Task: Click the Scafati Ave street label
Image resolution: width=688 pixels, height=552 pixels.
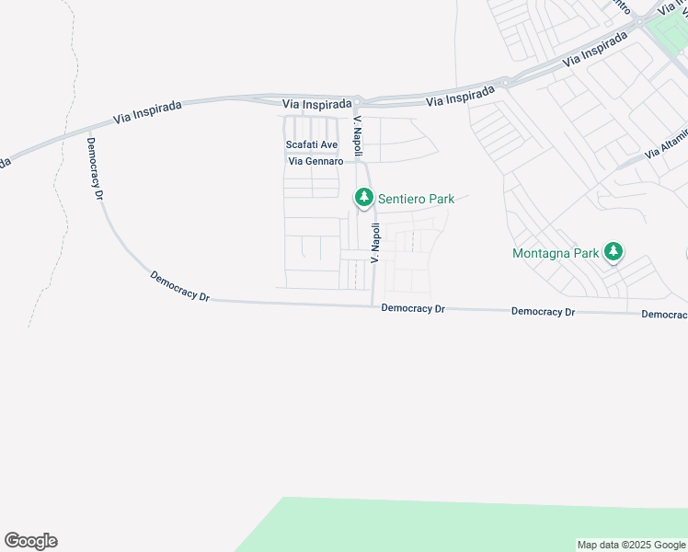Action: (x=312, y=145)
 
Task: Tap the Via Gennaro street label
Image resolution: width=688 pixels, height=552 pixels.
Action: (x=315, y=162)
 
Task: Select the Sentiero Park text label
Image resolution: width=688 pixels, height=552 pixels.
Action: (x=416, y=199)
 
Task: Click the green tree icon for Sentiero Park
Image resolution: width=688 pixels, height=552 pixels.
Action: (x=364, y=197)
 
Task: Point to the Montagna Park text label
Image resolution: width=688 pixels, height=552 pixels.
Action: (x=556, y=253)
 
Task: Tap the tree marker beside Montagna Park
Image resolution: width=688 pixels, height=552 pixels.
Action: (x=613, y=251)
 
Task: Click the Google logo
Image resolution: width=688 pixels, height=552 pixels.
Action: (x=30, y=541)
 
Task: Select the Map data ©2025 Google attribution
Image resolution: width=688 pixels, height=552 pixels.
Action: (x=631, y=545)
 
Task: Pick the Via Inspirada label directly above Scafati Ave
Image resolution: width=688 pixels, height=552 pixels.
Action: (x=316, y=105)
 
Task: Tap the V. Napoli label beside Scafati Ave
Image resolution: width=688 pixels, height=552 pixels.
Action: (x=359, y=135)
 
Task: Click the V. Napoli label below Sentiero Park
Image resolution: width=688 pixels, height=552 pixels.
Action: (x=375, y=243)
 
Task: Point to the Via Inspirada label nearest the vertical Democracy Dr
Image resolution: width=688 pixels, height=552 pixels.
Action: (x=147, y=111)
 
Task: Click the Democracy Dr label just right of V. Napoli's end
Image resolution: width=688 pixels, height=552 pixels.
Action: (x=413, y=309)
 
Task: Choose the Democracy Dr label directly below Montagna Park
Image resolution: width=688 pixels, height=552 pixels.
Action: (x=543, y=312)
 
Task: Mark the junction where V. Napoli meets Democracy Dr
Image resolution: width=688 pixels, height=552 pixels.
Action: (x=372, y=305)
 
